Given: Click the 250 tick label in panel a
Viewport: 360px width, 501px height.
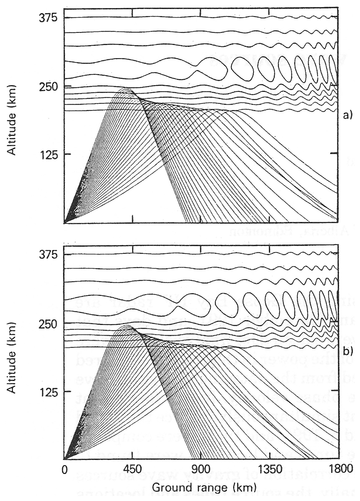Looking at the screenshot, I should [x=48, y=86].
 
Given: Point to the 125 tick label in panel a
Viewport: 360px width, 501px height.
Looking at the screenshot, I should [x=48, y=155].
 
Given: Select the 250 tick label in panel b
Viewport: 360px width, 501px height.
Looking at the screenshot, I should [x=48, y=323].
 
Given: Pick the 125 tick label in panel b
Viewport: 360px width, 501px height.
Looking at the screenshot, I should [x=48, y=391].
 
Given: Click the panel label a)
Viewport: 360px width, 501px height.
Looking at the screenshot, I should [x=347, y=116].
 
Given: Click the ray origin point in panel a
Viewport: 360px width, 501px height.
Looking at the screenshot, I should [x=65, y=223].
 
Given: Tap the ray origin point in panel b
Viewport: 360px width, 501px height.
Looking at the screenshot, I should [x=65, y=459].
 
